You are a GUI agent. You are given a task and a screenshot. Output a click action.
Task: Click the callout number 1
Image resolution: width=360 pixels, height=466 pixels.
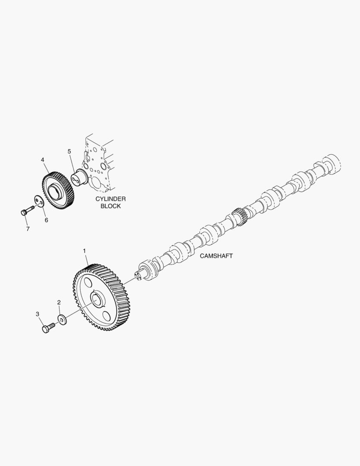(85, 250)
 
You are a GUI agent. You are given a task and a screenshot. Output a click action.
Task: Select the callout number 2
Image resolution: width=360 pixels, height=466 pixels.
(59, 302)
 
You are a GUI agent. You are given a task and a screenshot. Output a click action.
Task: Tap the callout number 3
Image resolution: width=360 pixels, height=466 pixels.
(38, 314)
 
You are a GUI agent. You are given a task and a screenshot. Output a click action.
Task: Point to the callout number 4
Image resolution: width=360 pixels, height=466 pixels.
(43, 160)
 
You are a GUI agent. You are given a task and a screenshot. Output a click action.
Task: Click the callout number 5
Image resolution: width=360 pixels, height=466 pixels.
(69, 151)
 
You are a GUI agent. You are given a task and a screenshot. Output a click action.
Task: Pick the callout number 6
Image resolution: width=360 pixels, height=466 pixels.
(46, 220)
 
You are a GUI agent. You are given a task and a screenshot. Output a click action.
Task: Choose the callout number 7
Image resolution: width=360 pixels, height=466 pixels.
(28, 229)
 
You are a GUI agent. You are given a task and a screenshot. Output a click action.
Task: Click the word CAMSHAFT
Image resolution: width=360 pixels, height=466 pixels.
(216, 256)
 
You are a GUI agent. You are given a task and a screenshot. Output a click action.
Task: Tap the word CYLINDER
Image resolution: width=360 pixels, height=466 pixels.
(110, 199)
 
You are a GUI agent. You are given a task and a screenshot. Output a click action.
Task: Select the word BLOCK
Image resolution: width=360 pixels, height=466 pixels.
(110, 206)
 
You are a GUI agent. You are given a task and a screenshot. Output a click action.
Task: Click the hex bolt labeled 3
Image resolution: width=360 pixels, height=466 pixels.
(47, 328)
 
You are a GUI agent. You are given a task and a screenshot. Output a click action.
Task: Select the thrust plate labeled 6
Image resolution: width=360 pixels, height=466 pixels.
(39, 201)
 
